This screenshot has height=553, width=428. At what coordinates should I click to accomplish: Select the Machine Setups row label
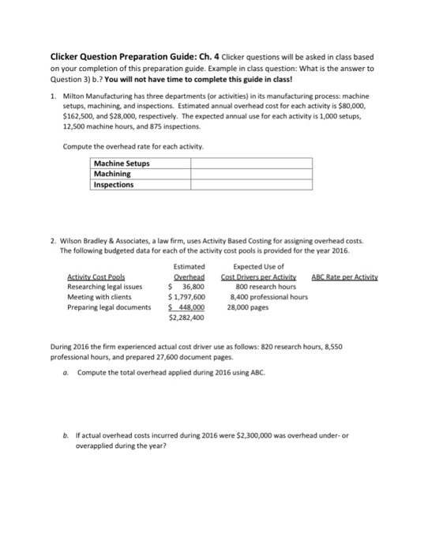click(122, 164)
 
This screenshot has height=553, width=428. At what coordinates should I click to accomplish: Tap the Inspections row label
click(114, 184)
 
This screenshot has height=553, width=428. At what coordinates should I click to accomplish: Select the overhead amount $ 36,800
click(189, 286)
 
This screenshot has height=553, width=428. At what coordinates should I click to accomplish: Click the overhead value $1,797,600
click(188, 296)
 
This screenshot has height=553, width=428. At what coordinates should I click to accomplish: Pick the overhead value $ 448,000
click(188, 307)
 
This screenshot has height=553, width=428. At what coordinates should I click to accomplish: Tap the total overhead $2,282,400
click(187, 318)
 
